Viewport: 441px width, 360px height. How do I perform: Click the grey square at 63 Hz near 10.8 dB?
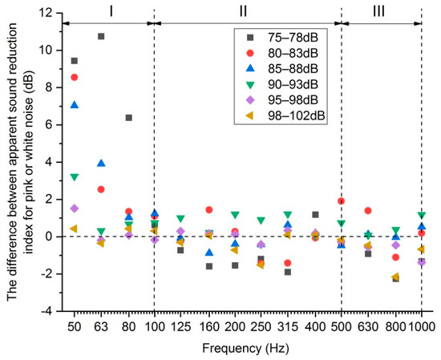point(101,36)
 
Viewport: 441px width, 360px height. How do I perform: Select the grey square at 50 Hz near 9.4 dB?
point(75,61)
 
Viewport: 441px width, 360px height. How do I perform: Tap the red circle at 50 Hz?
point(75,77)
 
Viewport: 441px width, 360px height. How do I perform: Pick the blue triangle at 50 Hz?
point(75,105)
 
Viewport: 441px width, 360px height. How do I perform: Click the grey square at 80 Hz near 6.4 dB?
point(128,117)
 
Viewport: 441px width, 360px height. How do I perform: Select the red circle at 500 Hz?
point(342,200)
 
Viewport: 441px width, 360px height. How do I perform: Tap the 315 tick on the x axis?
point(288,326)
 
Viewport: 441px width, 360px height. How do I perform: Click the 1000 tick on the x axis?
point(421,326)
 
